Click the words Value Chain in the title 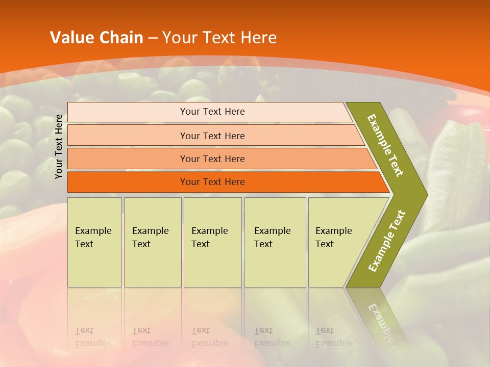pos(96,38)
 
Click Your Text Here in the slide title pos(219,38)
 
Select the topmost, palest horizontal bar pos(128,112)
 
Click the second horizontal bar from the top pos(128,136)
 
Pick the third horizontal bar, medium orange pos(128,159)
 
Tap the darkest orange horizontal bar pos(128,182)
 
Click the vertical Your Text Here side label pos(59,146)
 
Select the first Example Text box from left pos(94,242)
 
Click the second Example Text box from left pos(153,242)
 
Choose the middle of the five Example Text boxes pos(212,242)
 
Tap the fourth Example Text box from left pos(275,242)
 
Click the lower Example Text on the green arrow pos(387,241)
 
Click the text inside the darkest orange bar pos(212,182)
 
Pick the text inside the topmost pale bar pos(212,112)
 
